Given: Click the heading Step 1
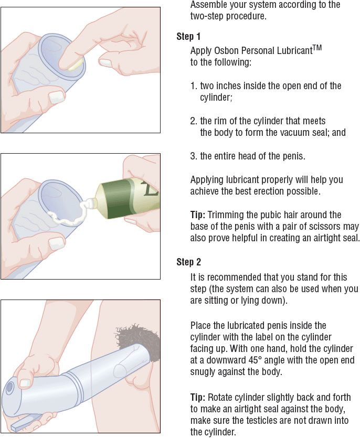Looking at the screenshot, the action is pyautogui.click(x=188, y=37).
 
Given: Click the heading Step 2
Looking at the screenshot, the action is pyautogui.click(x=189, y=262).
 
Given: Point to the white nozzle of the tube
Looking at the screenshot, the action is pyautogui.click(x=88, y=204).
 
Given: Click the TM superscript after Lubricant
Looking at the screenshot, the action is pyautogui.click(x=317, y=48).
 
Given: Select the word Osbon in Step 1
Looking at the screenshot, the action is pyautogui.click(x=226, y=51).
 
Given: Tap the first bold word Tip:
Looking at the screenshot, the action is pyautogui.click(x=198, y=215).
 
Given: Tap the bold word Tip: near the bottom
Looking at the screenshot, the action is pyautogui.click(x=198, y=397).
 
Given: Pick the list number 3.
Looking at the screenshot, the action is pyautogui.click(x=194, y=156).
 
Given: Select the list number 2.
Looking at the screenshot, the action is pyautogui.click(x=194, y=121).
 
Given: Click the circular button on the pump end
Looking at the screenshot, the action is pyautogui.click(x=10, y=387).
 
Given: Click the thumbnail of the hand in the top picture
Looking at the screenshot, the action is pyautogui.click(x=57, y=97).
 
